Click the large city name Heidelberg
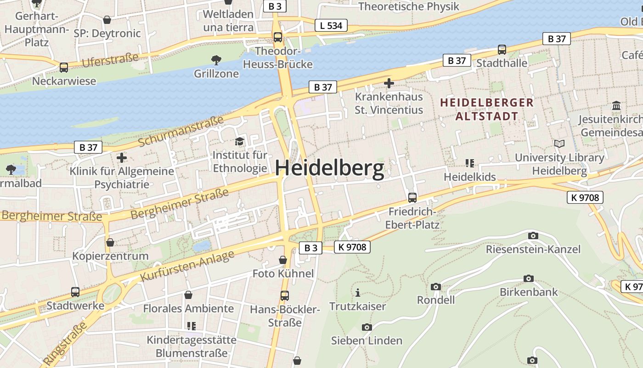329,168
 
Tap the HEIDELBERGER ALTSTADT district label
487,109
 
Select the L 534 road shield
331,26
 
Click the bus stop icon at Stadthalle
502,50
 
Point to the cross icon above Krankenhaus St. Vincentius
389,83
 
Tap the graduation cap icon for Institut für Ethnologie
239,141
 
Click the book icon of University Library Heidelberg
559,144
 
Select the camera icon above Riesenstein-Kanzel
533,236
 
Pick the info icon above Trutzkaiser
358,293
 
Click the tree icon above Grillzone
216,60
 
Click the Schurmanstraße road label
180,131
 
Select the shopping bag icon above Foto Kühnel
283,260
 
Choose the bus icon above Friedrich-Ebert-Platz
412,198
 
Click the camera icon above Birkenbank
528,279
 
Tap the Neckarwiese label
64,81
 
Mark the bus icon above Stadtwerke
75,292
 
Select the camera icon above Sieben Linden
367,328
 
